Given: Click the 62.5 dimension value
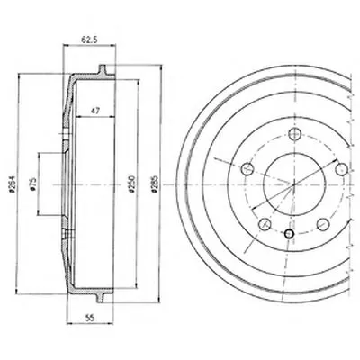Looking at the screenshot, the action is point(89,40).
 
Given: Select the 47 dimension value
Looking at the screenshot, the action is point(95,111).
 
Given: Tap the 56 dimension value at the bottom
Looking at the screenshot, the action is point(89,318).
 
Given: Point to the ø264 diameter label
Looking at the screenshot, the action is point(13,184).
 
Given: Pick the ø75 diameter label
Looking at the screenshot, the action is point(33,184).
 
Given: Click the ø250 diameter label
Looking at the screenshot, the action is point(132,184).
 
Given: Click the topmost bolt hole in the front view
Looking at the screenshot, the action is point(294,134).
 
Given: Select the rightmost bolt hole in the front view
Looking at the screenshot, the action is point(341,169).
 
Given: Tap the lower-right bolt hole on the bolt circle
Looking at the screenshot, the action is point(323,224).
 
